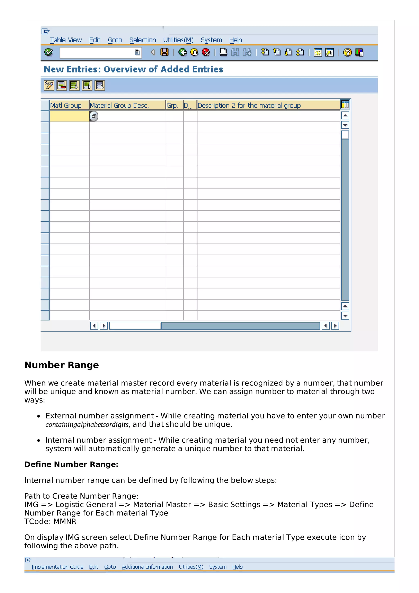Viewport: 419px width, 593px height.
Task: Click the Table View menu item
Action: (x=66, y=40)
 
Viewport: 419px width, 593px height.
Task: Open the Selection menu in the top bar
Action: (x=143, y=40)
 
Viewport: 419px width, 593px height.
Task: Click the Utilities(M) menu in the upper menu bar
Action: (x=178, y=40)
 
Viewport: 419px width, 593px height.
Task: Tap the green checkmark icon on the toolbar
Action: (x=48, y=52)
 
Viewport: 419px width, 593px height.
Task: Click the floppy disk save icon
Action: (x=164, y=52)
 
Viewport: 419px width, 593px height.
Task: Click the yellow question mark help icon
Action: (x=347, y=52)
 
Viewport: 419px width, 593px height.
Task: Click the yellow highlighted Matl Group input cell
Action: (x=69, y=116)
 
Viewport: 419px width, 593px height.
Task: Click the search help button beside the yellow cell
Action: (x=94, y=116)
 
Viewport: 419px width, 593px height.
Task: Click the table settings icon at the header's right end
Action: (x=345, y=105)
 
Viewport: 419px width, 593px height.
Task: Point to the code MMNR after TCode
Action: (x=65, y=521)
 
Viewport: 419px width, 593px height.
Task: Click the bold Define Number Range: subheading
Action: (x=71, y=464)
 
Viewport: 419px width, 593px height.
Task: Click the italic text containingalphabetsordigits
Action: (x=87, y=425)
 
